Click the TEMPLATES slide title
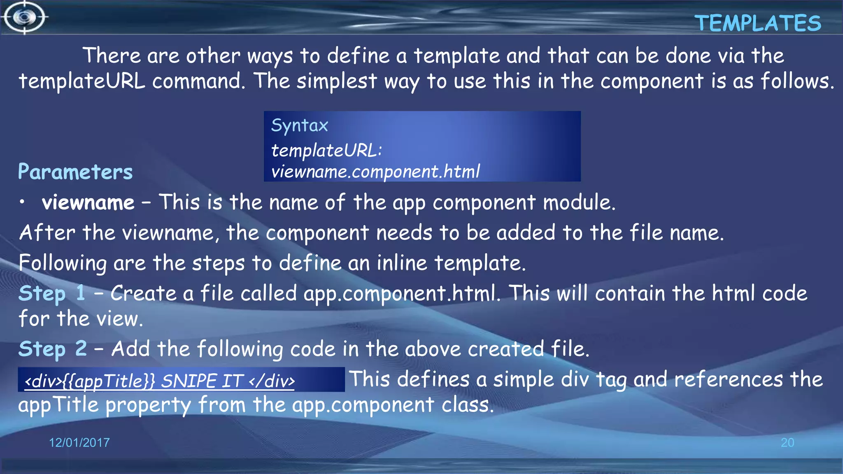(x=758, y=23)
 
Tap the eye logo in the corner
(x=24, y=17)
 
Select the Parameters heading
(x=75, y=172)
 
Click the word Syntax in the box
(x=299, y=125)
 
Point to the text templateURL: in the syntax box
(x=326, y=151)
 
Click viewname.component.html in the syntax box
(x=375, y=172)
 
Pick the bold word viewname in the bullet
(x=88, y=202)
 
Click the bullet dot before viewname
(x=23, y=202)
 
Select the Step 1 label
(x=52, y=293)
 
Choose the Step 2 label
(x=52, y=349)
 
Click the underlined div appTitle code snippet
(x=160, y=381)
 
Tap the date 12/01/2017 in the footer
(x=79, y=443)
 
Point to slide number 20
(x=787, y=443)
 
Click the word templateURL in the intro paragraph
(x=82, y=81)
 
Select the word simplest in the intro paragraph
(x=336, y=81)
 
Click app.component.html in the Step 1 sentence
(x=401, y=294)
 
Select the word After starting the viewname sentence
(x=47, y=233)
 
